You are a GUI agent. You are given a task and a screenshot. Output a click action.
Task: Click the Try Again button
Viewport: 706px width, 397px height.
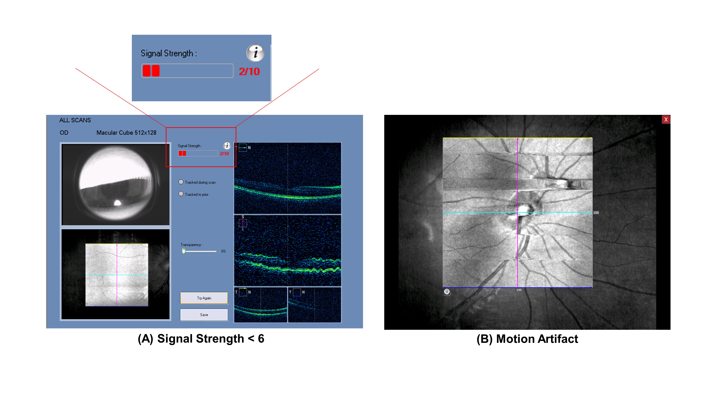pos(204,298)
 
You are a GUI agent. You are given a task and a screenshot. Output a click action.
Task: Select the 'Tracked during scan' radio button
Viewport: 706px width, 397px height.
pos(181,182)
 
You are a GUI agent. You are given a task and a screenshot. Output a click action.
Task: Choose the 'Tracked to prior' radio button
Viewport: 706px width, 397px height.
pos(181,194)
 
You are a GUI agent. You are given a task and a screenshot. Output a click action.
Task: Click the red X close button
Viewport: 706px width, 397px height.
pos(666,119)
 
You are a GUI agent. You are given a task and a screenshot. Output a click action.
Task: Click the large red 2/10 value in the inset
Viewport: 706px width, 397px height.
pos(249,71)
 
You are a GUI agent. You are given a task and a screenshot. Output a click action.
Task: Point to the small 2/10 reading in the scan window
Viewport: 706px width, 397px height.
pos(224,154)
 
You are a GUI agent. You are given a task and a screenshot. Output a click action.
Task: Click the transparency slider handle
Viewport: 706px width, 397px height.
pos(184,251)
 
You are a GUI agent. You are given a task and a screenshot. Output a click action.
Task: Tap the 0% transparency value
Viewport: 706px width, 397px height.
pos(223,251)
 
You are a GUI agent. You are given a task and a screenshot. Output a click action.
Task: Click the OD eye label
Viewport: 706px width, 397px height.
pos(64,133)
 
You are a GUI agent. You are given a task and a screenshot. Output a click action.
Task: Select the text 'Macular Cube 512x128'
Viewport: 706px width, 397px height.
pos(126,133)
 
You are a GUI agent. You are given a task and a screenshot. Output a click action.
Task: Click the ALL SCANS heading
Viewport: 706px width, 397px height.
pos(75,120)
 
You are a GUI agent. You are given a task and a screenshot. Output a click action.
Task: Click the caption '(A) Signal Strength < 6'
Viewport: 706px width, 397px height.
pos(201,339)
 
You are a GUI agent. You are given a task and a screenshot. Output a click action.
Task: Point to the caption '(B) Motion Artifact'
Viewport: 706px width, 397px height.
pos(527,339)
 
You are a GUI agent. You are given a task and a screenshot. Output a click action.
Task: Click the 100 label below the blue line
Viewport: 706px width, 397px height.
pos(519,290)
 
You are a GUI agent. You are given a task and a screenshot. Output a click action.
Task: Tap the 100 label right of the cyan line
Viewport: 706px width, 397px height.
pos(596,213)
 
